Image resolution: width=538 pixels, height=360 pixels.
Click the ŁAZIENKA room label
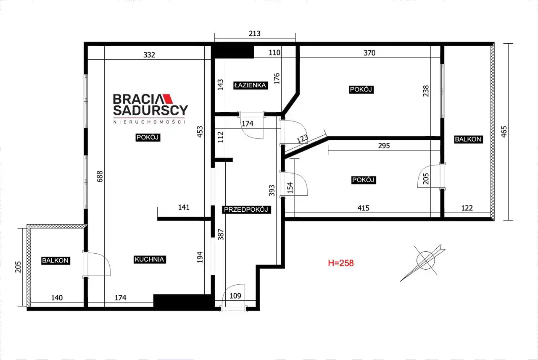(x=251, y=85)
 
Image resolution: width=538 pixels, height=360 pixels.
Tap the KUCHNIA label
(x=149, y=260)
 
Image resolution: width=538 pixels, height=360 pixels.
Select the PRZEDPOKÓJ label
(x=246, y=210)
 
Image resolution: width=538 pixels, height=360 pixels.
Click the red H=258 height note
(x=341, y=263)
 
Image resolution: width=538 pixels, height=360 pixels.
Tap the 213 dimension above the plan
(x=255, y=33)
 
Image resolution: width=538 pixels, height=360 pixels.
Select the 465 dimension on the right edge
(x=504, y=131)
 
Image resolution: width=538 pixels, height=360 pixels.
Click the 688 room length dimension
(x=100, y=176)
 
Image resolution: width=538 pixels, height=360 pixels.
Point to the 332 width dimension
(x=149, y=55)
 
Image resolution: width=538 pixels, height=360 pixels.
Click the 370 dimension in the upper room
(x=369, y=53)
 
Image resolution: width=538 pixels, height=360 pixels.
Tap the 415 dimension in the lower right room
(x=363, y=208)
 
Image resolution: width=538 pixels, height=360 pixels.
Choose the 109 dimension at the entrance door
(x=235, y=296)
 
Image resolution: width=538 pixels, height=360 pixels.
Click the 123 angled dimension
(x=302, y=139)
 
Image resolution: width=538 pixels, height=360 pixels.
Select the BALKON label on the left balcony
(x=55, y=260)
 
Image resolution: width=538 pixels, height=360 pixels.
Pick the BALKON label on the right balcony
(x=468, y=139)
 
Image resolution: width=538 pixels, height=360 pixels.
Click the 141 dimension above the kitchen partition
(x=184, y=207)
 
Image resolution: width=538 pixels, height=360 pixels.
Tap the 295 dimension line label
(x=384, y=146)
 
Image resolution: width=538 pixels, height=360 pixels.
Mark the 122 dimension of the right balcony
(x=467, y=208)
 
